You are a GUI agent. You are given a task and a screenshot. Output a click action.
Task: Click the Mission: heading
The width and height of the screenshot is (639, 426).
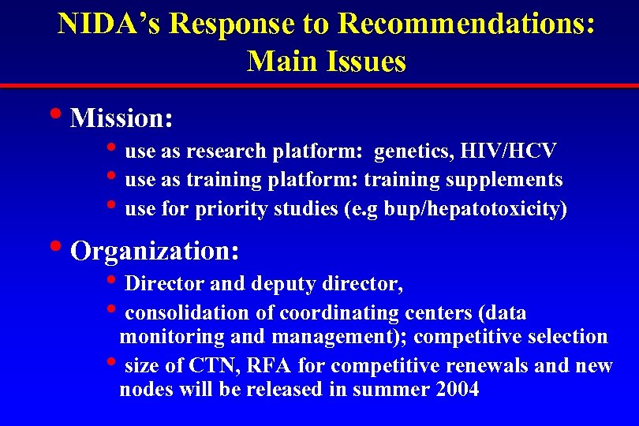[x=121, y=118]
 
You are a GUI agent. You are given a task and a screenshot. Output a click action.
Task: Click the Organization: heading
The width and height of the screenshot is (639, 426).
[x=155, y=251]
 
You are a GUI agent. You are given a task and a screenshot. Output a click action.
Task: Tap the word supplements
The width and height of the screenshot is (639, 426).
[x=504, y=180]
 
